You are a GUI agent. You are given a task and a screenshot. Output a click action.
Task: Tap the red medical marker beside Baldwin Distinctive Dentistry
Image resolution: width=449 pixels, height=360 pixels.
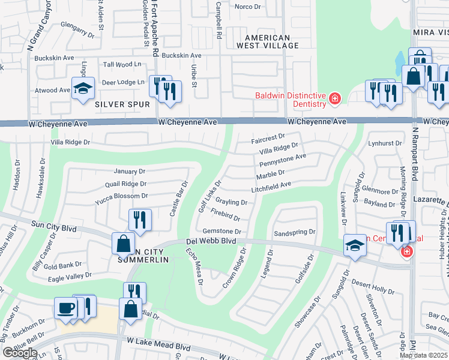tap(334, 98)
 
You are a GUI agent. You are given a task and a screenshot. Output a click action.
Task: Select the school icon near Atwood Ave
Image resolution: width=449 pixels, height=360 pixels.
tap(83, 89)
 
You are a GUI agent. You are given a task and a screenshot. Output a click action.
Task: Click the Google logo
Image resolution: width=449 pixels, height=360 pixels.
tap(20, 353)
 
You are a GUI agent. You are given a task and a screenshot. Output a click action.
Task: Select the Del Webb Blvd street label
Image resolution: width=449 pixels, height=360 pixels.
tap(211, 241)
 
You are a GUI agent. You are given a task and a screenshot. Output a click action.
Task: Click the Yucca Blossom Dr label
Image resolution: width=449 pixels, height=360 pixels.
tap(121, 196)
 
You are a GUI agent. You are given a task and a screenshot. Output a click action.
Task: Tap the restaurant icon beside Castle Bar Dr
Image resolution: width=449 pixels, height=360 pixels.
tap(139, 220)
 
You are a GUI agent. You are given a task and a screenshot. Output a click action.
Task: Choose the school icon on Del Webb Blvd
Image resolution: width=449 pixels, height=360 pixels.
tap(355, 245)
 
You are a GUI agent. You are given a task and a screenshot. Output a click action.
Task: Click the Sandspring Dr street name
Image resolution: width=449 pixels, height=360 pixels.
tap(294, 232)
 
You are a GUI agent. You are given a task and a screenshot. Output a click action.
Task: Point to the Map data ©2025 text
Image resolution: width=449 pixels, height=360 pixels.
tap(424, 355)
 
